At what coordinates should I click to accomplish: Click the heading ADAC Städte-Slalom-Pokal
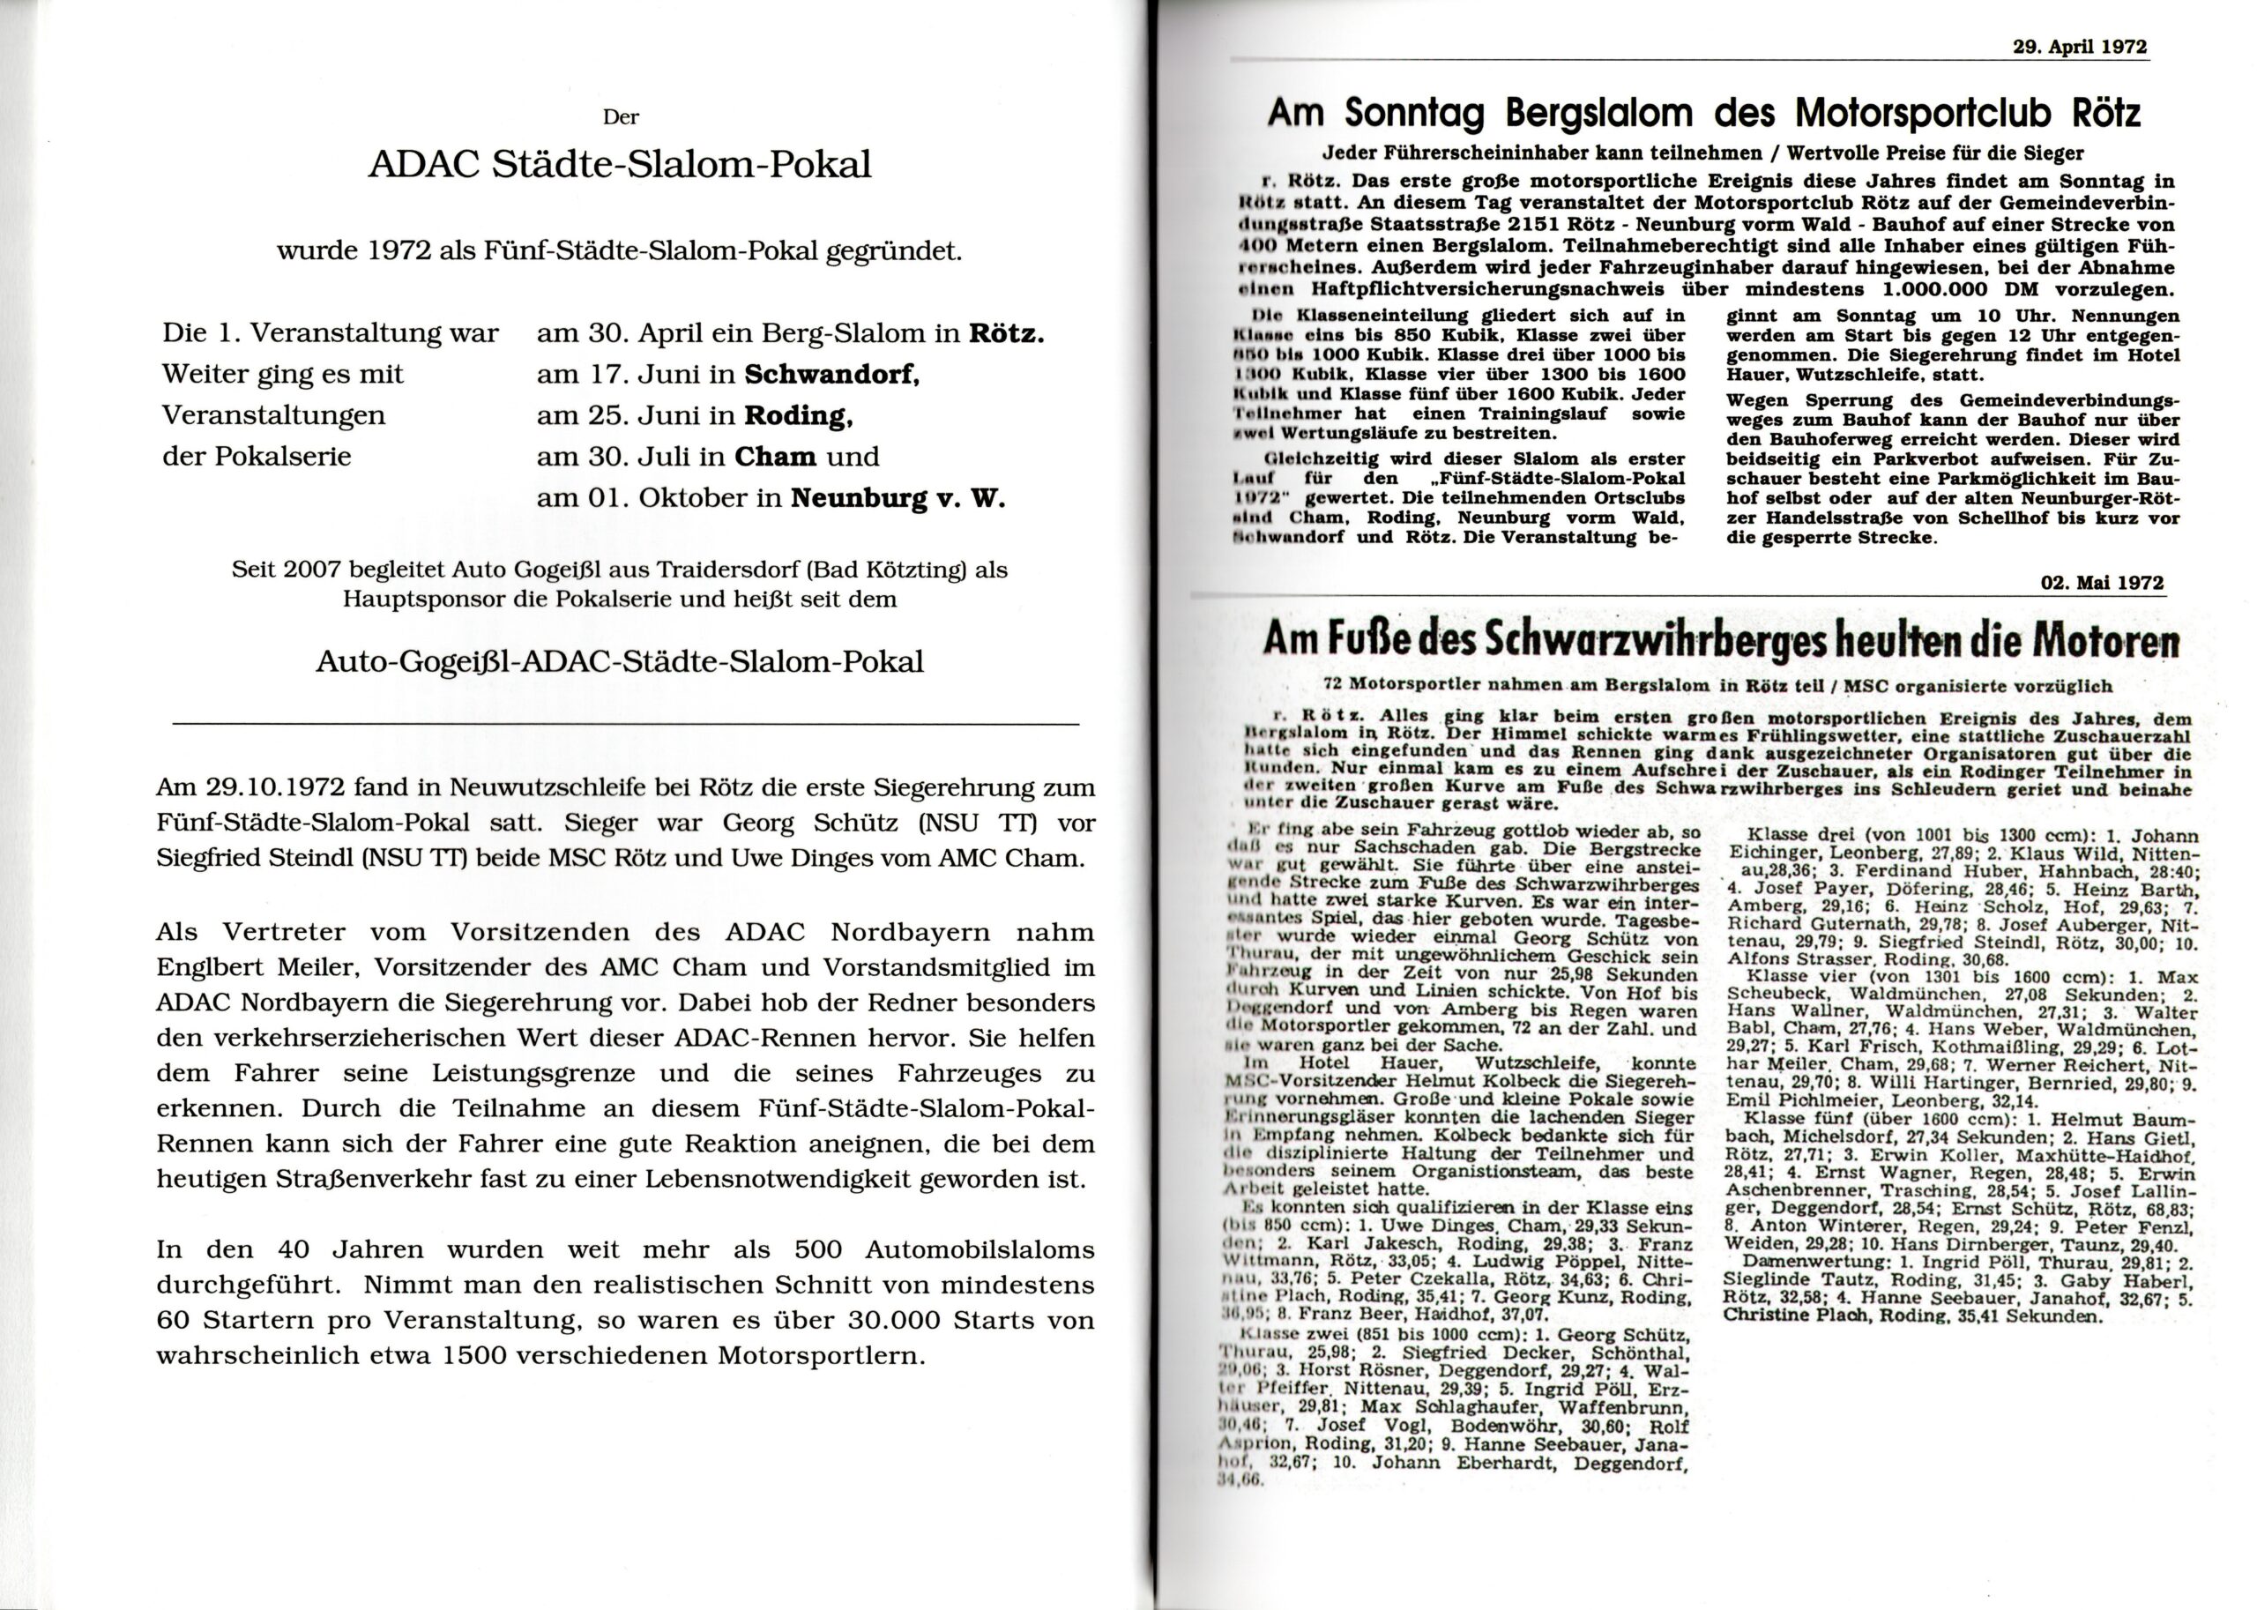[x=620, y=164]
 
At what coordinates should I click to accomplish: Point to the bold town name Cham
[x=775, y=457]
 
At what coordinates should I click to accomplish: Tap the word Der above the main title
[x=622, y=117]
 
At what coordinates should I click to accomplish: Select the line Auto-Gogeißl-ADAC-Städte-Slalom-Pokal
[x=620, y=661]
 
